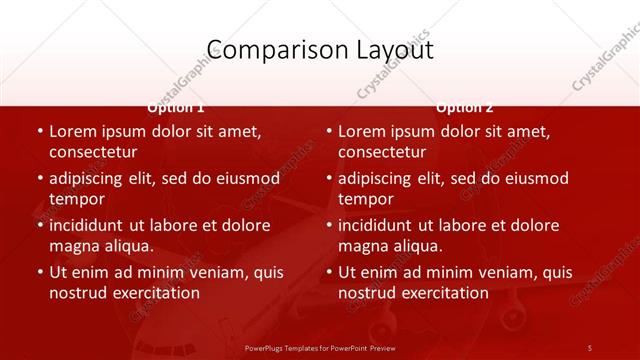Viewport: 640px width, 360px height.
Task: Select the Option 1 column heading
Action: [176, 107]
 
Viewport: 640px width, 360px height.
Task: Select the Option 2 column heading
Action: [465, 107]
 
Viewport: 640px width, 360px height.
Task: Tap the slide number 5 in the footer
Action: [590, 347]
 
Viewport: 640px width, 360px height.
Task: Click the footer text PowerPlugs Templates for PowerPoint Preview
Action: [320, 347]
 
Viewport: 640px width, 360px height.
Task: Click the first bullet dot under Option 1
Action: [39, 132]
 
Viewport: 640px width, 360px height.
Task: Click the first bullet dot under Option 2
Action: [328, 132]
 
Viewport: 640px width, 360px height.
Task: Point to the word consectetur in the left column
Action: [93, 152]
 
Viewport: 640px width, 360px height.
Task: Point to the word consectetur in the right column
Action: [382, 152]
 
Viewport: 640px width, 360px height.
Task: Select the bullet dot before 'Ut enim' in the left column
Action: [39, 272]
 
